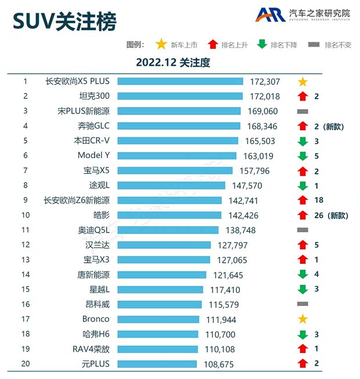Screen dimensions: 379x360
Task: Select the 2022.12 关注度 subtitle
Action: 172,62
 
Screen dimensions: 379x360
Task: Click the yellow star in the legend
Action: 161,45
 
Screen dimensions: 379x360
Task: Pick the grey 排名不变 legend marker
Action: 314,45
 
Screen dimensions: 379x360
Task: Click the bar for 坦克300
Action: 179,96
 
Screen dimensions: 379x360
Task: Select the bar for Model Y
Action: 177,155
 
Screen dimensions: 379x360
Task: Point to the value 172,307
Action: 265,81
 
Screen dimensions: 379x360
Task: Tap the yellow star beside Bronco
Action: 302,319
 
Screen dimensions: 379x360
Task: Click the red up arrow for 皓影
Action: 302,215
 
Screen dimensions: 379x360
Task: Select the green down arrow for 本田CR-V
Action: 302,141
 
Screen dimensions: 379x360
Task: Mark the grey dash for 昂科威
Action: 302,304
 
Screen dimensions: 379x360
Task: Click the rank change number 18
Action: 318,200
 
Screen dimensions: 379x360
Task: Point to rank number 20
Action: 26,363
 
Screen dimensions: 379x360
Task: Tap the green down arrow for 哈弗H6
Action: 302,334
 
